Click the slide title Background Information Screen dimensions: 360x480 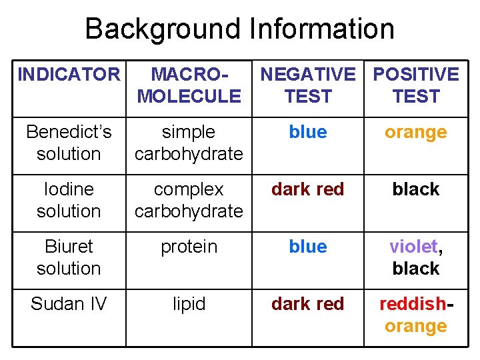click(239, 29)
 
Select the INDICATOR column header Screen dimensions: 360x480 click(68, 75)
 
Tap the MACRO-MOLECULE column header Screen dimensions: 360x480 click(189, 85)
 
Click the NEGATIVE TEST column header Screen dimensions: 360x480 click(307, 85)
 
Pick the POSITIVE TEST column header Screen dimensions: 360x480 click(415, 85)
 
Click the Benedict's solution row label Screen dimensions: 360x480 click(69, 143)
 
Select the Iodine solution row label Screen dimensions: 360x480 click(69, 200)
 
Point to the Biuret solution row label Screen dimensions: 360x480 click(69, 257)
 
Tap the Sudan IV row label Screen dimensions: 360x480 click(69, 304)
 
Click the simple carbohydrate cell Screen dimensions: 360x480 click(189, 143)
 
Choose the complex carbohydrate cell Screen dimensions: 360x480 click(189, 200)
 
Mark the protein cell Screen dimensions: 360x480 click(189, 247)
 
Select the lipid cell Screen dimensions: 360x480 click(189, 304)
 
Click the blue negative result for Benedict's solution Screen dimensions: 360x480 click(307, 132)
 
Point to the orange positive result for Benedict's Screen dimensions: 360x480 click(415, 133)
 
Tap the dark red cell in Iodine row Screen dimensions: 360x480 click(307, 189)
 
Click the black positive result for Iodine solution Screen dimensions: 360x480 click(415, 189)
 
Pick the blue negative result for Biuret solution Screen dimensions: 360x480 click(307, 247)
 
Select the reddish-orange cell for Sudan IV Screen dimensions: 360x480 click(415, 315)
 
